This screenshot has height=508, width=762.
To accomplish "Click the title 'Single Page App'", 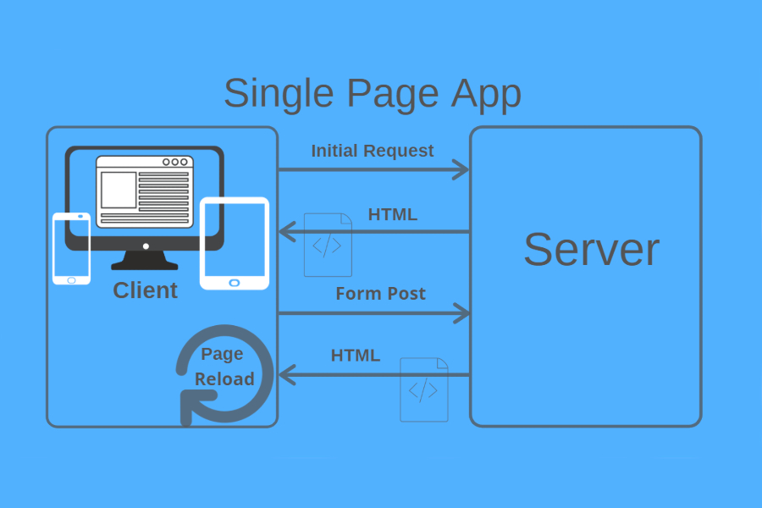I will tap(372, 93).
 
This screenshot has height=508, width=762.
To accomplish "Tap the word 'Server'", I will tap(591, 249).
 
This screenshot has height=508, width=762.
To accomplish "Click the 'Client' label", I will tap(145, 290).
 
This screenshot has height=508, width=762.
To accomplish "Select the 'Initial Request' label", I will tap(372, 151).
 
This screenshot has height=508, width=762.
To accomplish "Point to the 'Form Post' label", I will tap(380, 294).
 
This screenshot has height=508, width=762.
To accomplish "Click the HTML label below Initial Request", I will tap(392, 214).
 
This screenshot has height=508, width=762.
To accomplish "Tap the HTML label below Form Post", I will tap(355, 355).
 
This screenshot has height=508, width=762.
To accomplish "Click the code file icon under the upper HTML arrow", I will tap(328, 245).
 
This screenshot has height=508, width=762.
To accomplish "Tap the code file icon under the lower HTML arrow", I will tap(423, 389).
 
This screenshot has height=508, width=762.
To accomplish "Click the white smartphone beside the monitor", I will tap(71, 248).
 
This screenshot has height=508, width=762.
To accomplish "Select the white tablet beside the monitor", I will tap(235, 243).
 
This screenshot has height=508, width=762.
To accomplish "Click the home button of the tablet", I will tap(235, 282).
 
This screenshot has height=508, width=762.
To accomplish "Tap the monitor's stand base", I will tap(145, 263).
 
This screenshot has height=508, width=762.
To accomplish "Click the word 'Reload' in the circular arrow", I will tap(224, 378).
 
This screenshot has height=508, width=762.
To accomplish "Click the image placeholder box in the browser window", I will tap(119, 190).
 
